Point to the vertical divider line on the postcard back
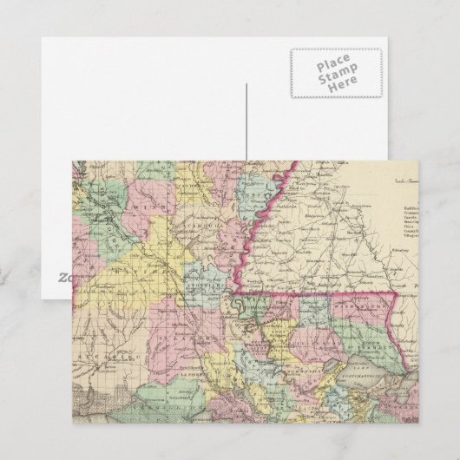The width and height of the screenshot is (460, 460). point(246,122)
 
